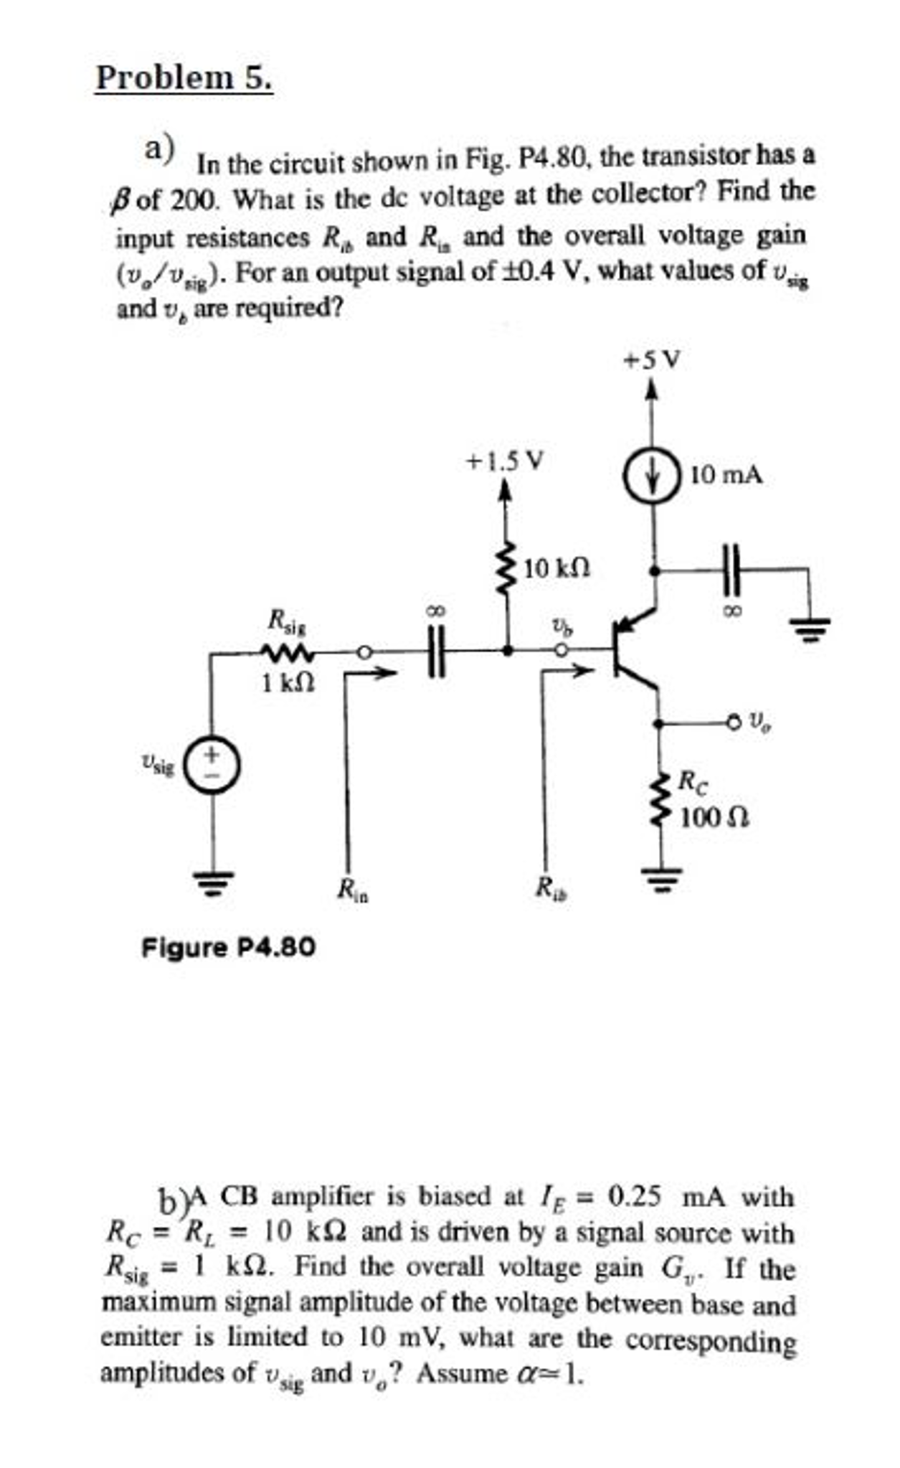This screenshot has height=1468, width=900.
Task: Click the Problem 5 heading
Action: point(184,77)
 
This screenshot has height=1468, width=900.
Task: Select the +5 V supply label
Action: point(651,359)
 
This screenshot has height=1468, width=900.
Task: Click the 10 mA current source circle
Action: point(652,476)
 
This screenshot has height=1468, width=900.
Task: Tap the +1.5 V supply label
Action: point(505,460)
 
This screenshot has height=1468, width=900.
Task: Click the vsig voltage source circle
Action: point(212,765)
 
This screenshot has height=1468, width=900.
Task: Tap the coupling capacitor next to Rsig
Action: point(436,651)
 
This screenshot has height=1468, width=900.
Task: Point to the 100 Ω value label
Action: point(714,817)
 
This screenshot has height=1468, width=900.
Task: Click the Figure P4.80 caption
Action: point(228,948)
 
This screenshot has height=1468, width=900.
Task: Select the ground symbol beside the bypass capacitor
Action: point(810,628)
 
